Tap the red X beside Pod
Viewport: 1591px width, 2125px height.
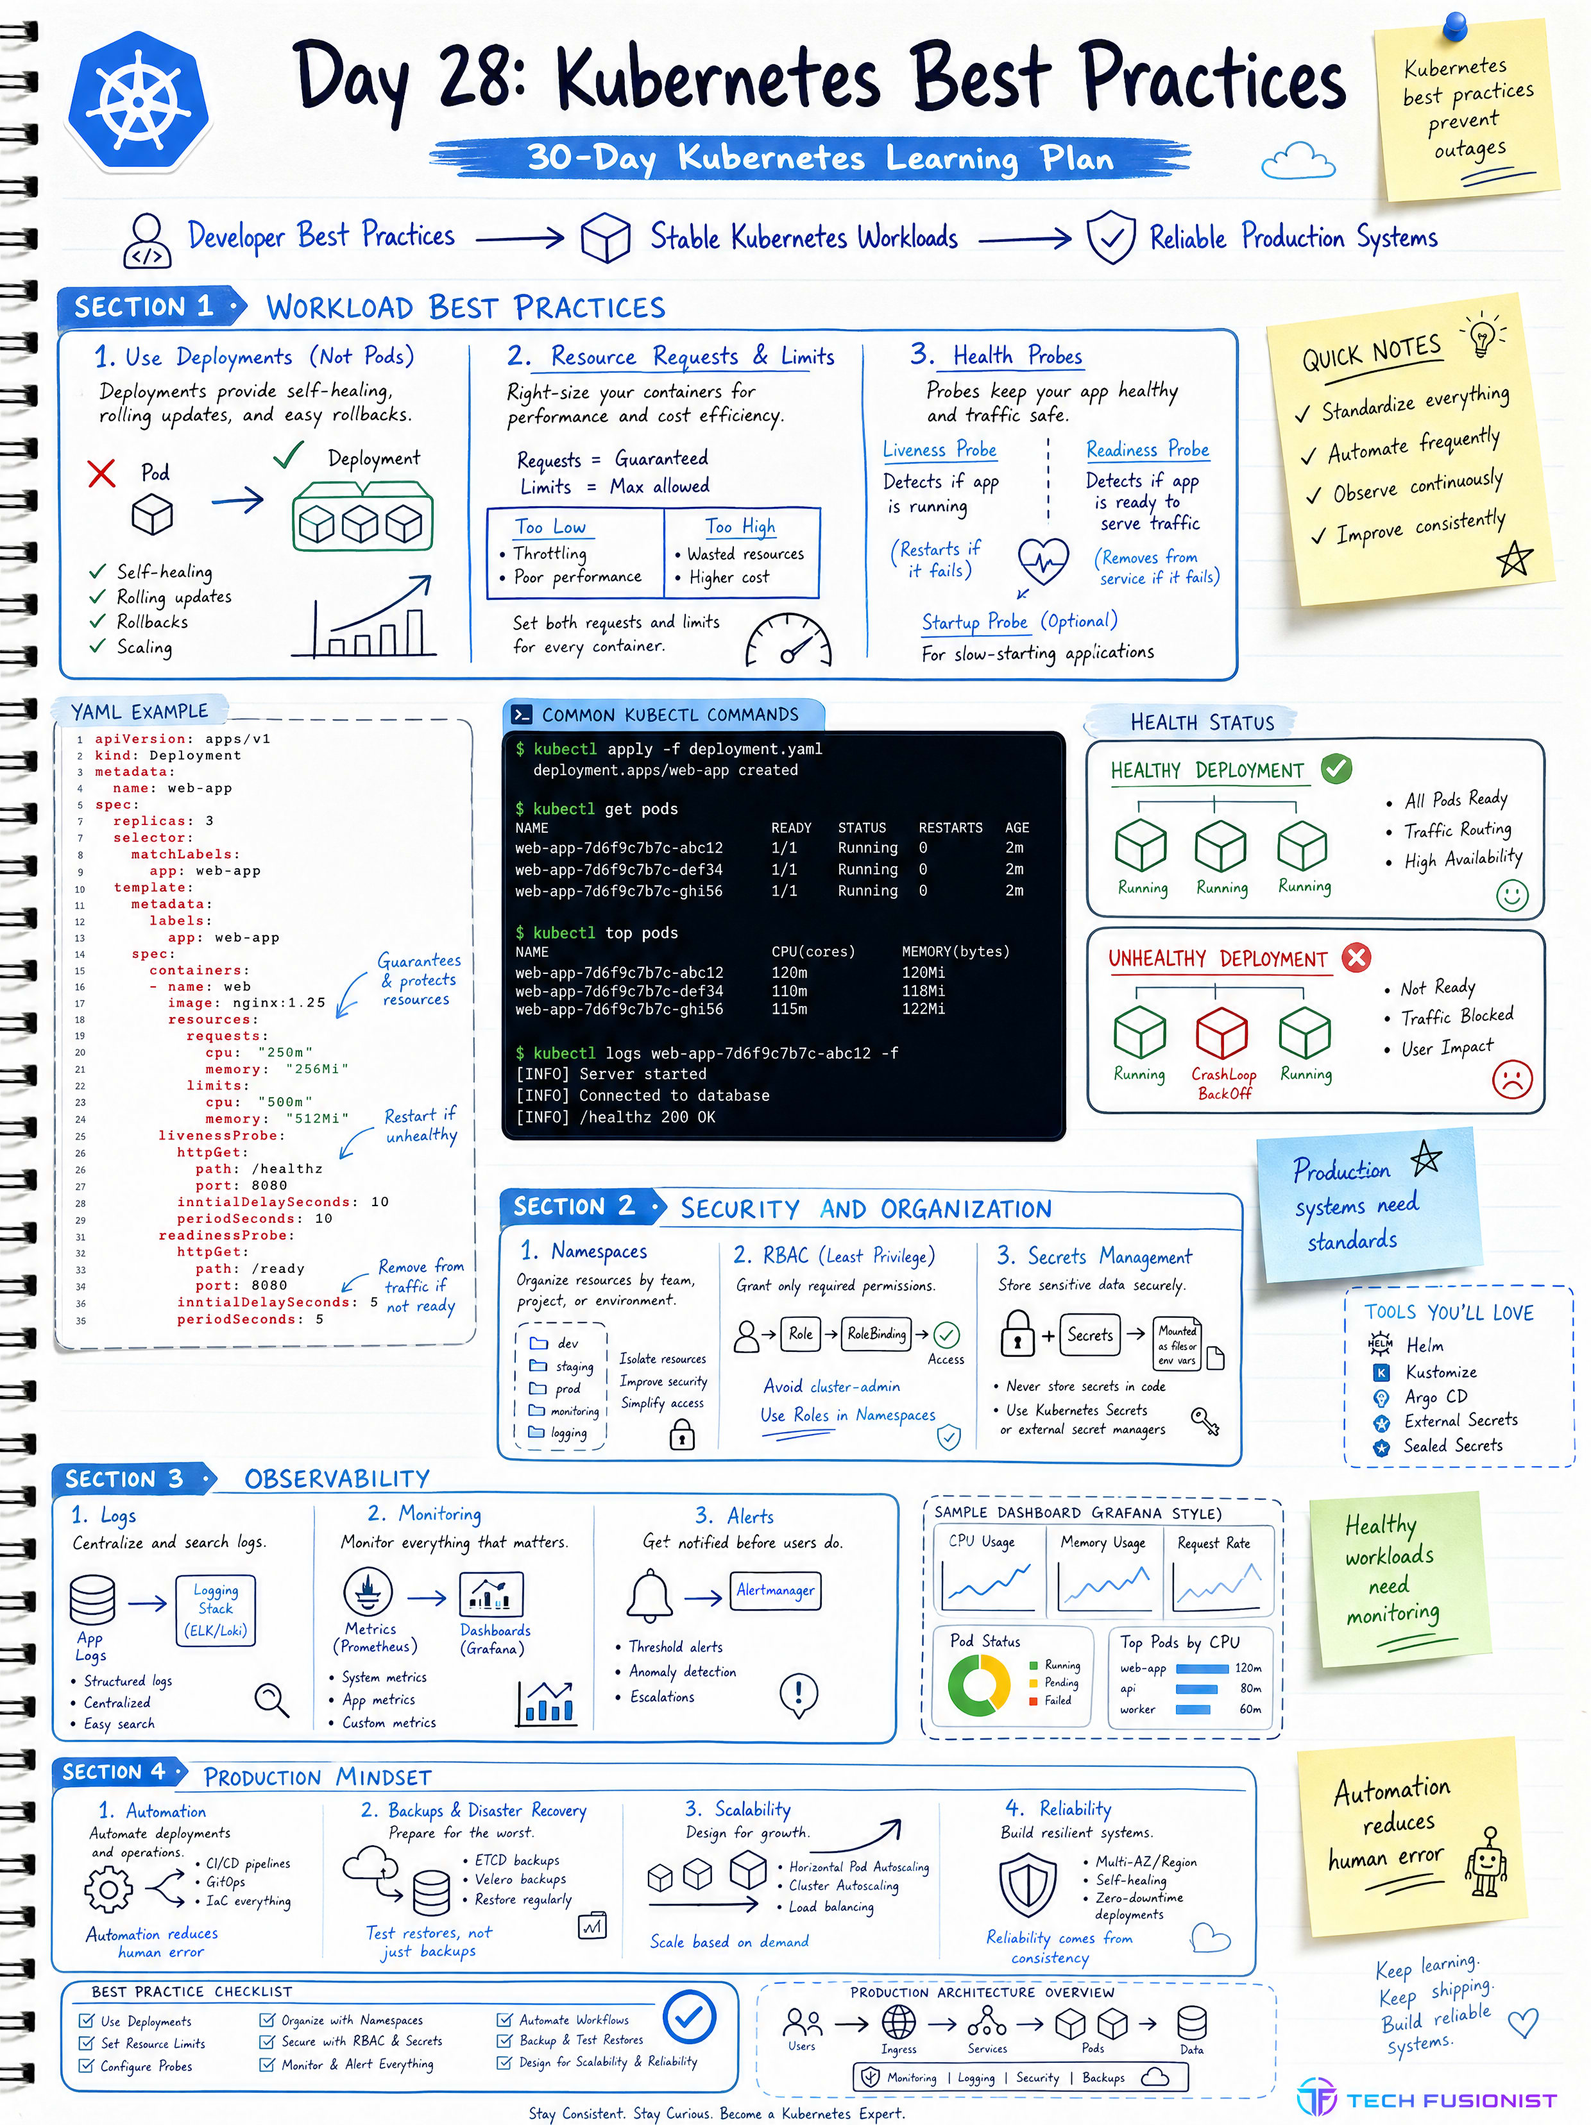click(x=101, y=473)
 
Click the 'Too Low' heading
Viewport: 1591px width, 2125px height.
click(x=550, y=527)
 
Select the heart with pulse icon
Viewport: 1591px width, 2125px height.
click(x=1043, y=560)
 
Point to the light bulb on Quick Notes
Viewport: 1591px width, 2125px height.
click(x=1483, y=334)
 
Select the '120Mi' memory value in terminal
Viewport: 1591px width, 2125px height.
click(x=923, y=972)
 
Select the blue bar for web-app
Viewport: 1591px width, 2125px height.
click(x=1203, y=1668)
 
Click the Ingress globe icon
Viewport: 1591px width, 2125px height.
click(x=898, y=2022)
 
